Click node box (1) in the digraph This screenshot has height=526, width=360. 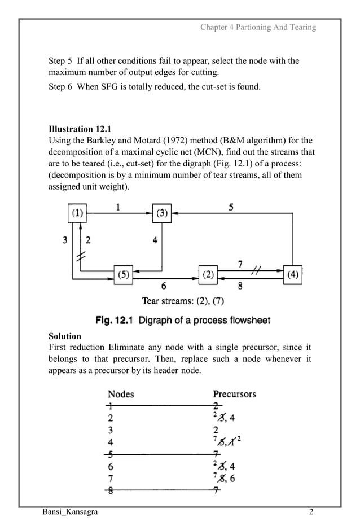point(77,213)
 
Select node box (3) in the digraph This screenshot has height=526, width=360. point(162,213)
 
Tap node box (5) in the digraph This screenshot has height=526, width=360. point(122,275)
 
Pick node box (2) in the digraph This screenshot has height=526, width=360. point(208,275)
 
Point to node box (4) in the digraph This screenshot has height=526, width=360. point(293,275)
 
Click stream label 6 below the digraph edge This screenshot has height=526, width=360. point(164,286)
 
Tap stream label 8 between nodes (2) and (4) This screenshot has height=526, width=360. point(240,286)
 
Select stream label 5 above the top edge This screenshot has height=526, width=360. point(231,207)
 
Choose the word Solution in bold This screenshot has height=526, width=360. point(65,336)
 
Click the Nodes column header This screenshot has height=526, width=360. point(121,393)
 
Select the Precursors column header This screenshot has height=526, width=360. point(234,393)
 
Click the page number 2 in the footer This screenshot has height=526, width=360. point(311,512)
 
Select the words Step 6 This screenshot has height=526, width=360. point(61,86)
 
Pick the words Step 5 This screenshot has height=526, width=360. point(61,60)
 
